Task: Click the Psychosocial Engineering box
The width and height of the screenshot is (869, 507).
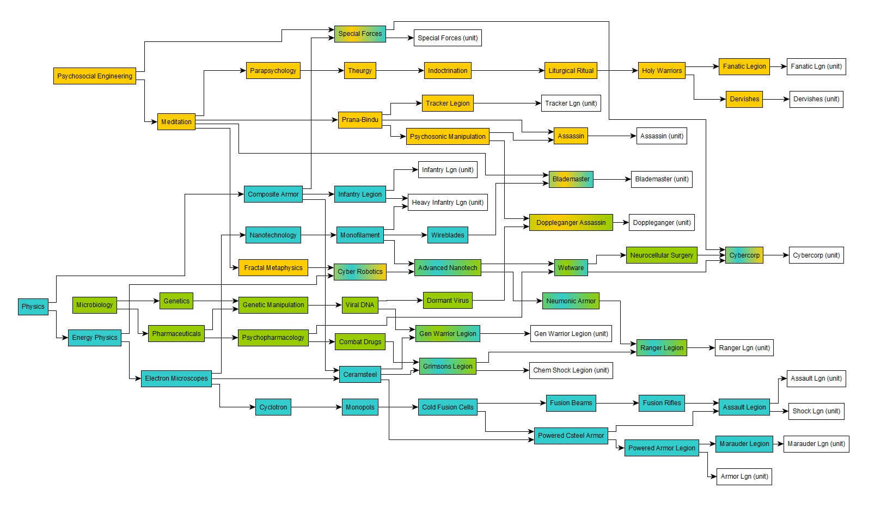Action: click(95, 76)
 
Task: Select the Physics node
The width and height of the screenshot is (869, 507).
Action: click(33, 307)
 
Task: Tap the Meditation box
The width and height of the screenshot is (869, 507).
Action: click(176, 122)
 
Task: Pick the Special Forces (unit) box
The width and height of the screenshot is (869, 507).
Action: click(448, 38)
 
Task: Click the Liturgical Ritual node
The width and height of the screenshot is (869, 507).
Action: click(571, 71)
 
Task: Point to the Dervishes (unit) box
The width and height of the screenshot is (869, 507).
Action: click(816, 99)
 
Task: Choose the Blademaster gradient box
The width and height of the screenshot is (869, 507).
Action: click(571, 179)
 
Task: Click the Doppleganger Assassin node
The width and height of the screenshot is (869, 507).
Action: click(571, 223)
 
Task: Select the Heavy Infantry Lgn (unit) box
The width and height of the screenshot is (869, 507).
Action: click(448, 203)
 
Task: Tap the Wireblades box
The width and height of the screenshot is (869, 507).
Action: click(448, 235)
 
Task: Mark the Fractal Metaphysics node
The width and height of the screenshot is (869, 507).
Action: click(273, 268)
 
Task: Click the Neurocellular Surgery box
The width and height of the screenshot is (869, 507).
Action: click(662, 255)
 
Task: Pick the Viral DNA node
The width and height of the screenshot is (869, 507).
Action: click(360, 305)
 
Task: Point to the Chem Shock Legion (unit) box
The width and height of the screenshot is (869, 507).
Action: click(571, 370)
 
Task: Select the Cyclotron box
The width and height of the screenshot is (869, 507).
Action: click(273, 407)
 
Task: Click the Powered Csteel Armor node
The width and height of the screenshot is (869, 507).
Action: click(571, 436)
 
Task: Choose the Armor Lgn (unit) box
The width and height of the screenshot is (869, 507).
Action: click(744, 477)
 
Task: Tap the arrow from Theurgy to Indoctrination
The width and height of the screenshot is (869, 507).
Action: click(400, 71)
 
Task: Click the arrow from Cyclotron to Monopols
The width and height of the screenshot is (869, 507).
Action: click(316, 407)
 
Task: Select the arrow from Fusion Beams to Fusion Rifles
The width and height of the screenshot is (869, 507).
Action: click(617, 403)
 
